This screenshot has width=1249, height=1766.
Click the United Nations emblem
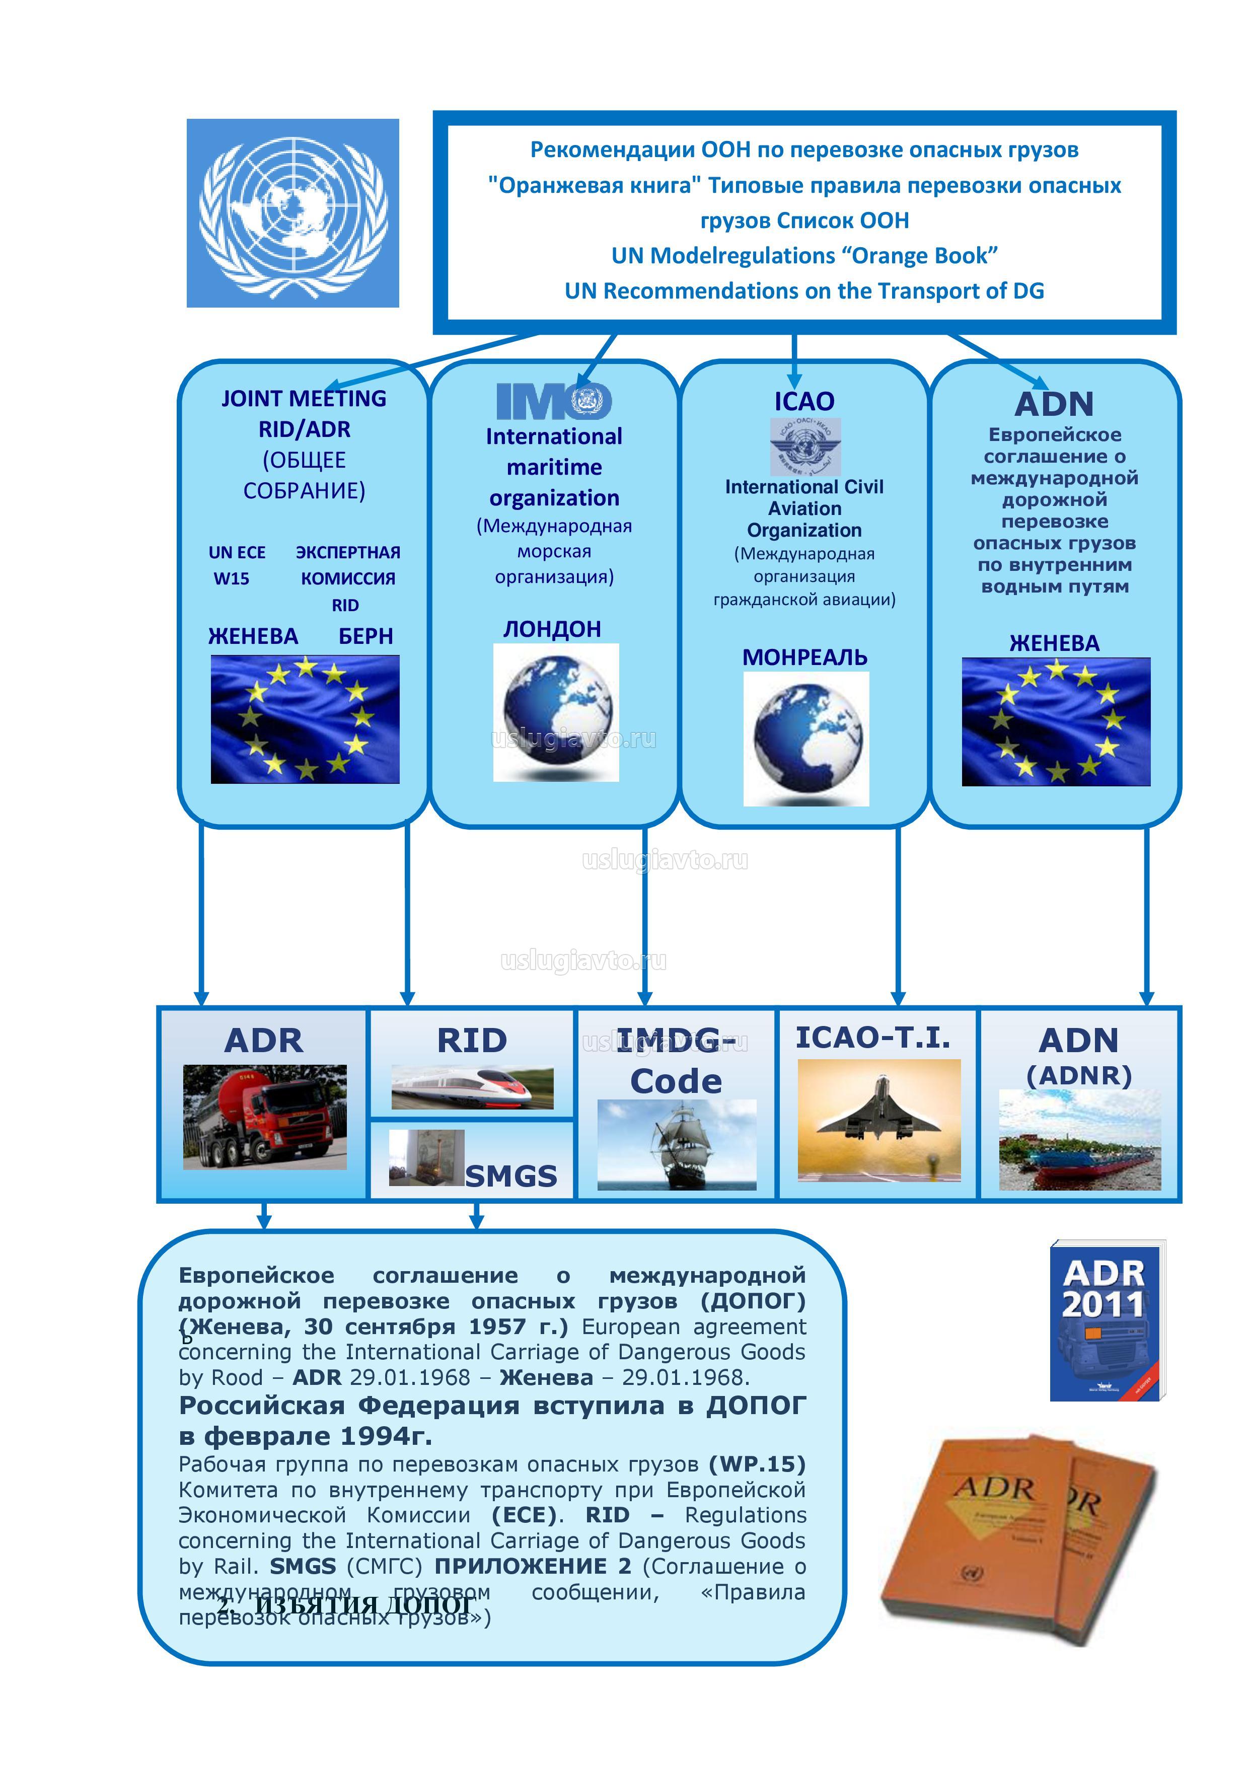click(x=292, y=213)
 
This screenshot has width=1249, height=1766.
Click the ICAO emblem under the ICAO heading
click(x=805, y=447)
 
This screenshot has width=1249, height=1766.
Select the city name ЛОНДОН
click(x=552, y=629)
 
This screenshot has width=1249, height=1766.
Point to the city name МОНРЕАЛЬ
click(x=804, y=657)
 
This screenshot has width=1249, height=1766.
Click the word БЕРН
click(x=365, y=637)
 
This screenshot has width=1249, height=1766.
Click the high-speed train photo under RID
click(x=472, y=1087)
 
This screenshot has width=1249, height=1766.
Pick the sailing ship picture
click(x=677, y=1144)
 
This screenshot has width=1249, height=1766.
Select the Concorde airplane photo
click(x=878, y=1119)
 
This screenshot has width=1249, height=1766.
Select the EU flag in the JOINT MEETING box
click(x=306, y=719)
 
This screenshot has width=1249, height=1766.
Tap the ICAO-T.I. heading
click(x=873, y=1038)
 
